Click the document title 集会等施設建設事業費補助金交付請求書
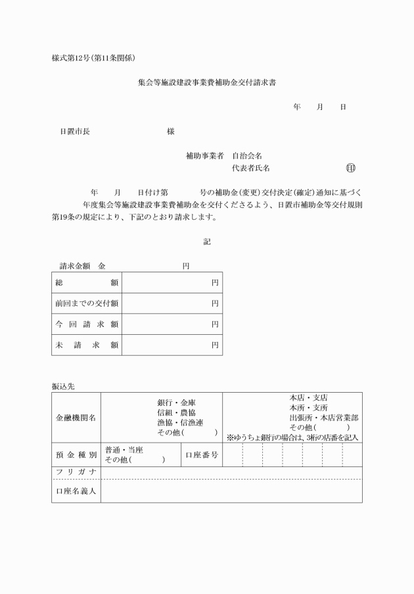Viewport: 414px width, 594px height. [206, 84]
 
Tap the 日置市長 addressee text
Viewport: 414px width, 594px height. [75, 132]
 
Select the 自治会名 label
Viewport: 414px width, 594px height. [248, 156]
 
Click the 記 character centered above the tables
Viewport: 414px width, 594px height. [207, 242]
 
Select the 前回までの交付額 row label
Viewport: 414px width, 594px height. [87, 303]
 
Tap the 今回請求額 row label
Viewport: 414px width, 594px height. [87, 324]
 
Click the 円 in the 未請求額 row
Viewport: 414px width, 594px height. [215, 345]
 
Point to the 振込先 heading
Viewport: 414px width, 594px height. [63, 386]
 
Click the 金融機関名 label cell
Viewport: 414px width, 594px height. [76, 417]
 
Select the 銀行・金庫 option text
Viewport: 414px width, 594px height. [176, 403]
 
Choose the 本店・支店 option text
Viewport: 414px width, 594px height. [308, 398]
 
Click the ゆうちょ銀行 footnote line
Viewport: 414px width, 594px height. [292, 437]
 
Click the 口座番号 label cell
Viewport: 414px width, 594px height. [201, 455]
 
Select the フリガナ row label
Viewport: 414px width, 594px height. [76, 472]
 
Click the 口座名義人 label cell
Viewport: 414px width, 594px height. [76, 491]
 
